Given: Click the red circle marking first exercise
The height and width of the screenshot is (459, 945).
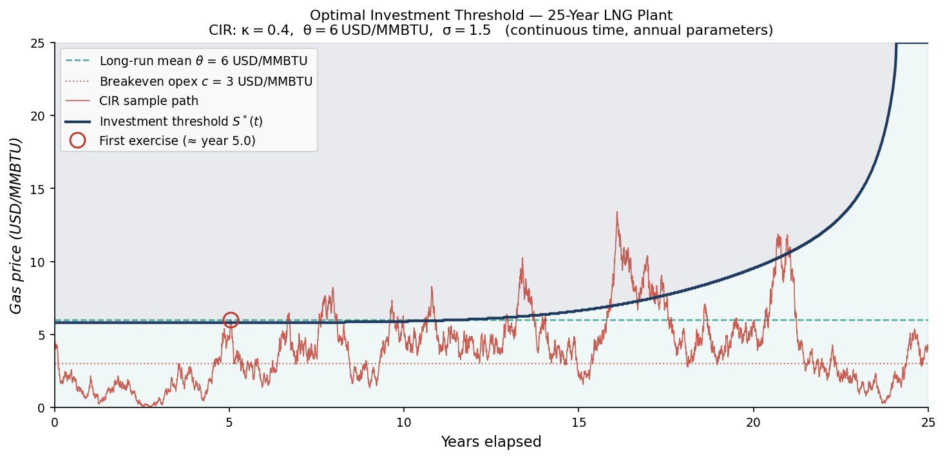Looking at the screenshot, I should tap(231, 320).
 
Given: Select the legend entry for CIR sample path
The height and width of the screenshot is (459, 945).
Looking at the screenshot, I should tap(148, 101).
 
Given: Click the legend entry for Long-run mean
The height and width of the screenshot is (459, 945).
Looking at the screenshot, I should tap(203, 61).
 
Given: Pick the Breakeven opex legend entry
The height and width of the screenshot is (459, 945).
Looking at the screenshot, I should tap(205, 81).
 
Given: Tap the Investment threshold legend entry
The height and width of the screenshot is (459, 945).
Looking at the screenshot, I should tap(180, 121).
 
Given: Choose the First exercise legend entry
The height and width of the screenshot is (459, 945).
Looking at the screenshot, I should tap(177, 141).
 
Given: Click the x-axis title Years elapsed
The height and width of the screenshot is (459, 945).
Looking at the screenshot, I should tap(491, 442).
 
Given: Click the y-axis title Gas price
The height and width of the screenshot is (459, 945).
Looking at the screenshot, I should tap(16, 226).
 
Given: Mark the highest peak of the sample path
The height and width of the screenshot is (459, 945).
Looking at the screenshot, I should tap(616, 212).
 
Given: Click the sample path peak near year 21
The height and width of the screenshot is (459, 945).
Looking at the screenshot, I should tap(778, 235).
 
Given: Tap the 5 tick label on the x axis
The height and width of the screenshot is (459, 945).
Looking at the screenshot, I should tap(229, 420).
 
